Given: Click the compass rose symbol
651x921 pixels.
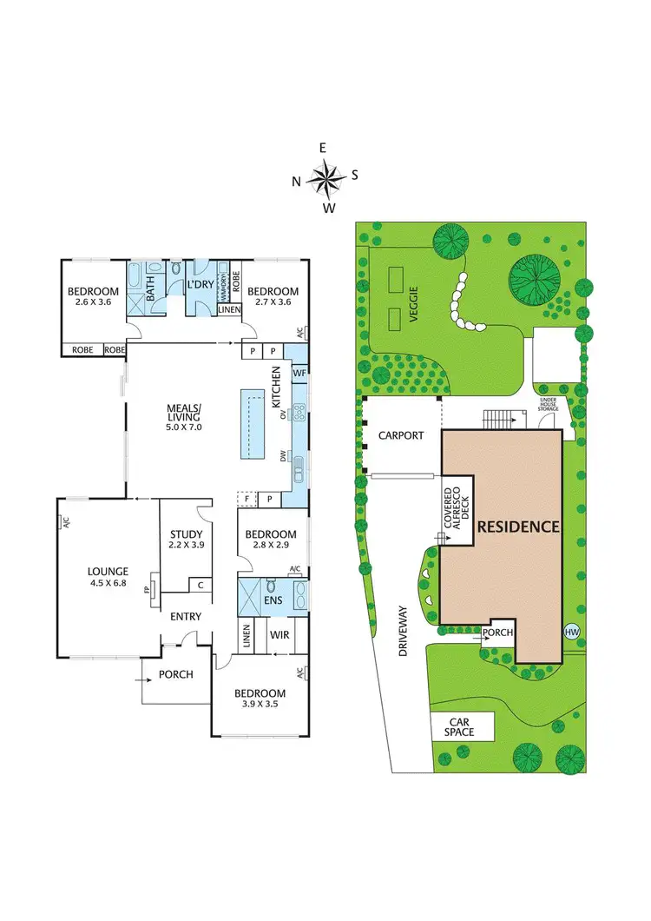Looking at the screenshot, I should pos(325,178).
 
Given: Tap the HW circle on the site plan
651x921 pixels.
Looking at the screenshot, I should pos(571,632).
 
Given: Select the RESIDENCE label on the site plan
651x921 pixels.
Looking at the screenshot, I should pos(517,527).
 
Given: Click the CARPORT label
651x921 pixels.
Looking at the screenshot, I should pos(401,435).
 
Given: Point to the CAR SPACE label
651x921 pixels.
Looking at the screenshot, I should pos(458,727).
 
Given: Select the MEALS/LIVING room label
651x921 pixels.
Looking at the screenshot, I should pos(184,418).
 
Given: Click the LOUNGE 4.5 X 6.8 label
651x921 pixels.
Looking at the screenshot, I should pos(108,577).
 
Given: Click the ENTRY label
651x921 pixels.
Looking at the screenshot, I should pos(186,617).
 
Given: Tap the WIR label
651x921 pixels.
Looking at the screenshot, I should pos(279,635).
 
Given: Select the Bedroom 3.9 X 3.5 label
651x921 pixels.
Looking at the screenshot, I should pos(260,699).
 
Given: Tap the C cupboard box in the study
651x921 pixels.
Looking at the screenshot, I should pos(201,585).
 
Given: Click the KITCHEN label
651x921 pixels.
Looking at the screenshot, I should pos(277,388).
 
